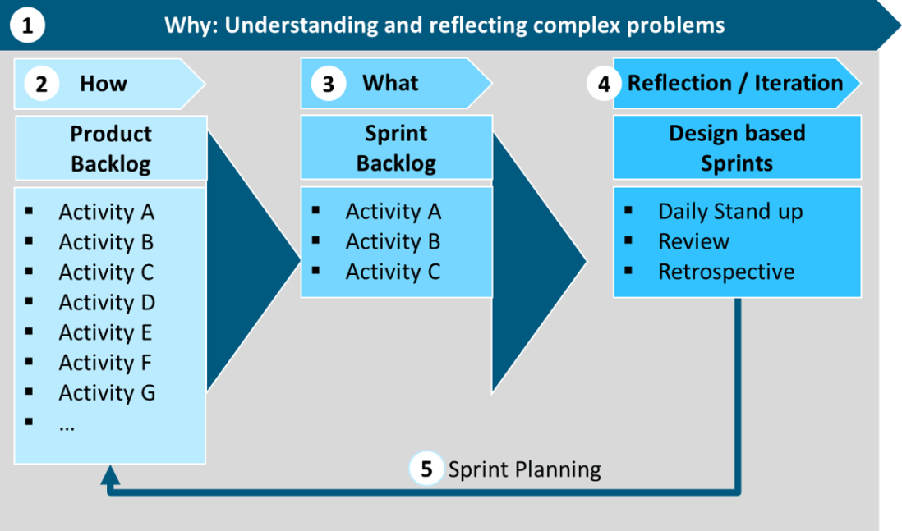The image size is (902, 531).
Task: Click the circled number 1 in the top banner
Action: coord(27,25)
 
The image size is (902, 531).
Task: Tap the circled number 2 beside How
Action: coord(41,84)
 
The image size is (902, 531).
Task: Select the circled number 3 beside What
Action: coord(328,84)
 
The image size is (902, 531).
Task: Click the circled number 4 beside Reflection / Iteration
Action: coord(604,84)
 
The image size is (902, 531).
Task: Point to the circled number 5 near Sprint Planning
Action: coord(426,469)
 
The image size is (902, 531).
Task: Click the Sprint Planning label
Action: coord(524,469)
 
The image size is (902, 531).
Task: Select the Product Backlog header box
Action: coord(110,149)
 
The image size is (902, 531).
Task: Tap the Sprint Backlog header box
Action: coord(396,148)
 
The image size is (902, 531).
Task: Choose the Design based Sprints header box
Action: coord(737,148)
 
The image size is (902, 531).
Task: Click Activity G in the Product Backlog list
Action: coord(107,393)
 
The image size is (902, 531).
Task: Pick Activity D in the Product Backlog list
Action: coord(107,303)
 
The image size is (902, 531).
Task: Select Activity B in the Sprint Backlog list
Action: coord(393,242)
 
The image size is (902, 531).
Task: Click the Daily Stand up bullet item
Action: coord(729,212)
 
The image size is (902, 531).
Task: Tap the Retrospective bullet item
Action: coord(726,272)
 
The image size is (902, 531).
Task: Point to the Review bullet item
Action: coord(693,242)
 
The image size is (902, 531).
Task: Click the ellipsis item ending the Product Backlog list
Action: coord(67,423)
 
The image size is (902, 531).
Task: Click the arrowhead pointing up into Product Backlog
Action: coord(110,474)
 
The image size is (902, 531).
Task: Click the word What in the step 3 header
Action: coord(390,83)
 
